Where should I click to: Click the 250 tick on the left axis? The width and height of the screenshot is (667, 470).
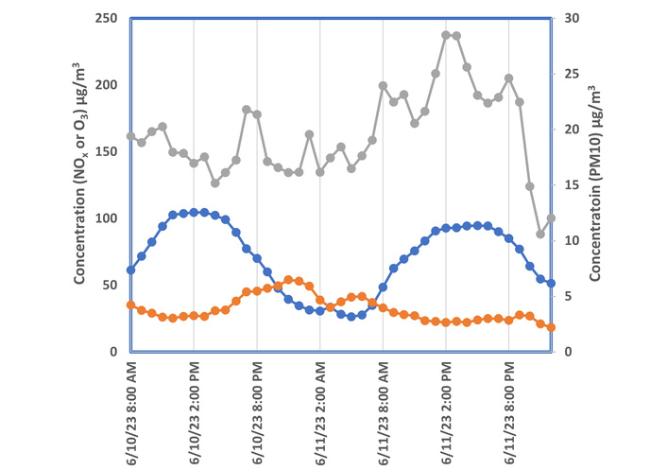[110, 18]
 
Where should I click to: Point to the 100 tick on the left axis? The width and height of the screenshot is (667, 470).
[110, 218]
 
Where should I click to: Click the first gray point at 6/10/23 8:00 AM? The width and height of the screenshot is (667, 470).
[131, 136]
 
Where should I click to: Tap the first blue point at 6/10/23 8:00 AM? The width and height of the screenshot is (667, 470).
[131, 270]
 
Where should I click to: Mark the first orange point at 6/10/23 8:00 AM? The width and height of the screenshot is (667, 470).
[131, 305]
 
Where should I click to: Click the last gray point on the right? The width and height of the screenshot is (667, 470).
[551, 218]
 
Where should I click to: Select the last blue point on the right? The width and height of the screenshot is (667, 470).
[551, 283]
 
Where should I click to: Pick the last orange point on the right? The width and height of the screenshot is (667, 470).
[551, 327]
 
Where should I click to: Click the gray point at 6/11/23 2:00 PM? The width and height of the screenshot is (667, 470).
[446, 35]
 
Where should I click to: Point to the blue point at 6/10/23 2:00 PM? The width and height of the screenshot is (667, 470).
[195, 212]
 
